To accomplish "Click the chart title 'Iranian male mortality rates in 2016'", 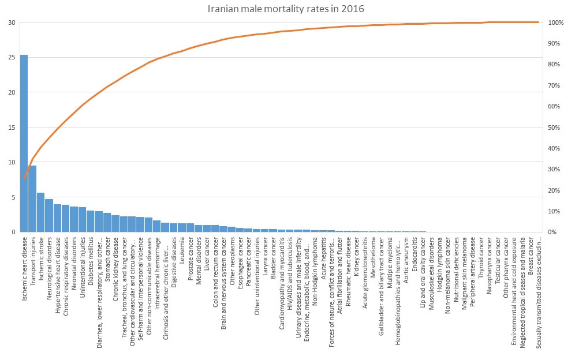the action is [x=286, y=9].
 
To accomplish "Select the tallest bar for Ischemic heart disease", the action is [x=24, y=143].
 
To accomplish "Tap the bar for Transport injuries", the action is [x=32, y=198].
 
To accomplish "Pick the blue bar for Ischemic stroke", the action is [x=41, y=212].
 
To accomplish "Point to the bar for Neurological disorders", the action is [x=48, y=216].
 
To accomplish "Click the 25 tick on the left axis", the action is [x=12, y=57].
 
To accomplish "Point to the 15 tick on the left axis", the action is [x=12, y=127].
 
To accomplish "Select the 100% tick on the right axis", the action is [x=556, y=22].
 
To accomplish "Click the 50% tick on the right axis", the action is [x=554, y=127].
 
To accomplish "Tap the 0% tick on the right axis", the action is [x=552, y=232].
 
